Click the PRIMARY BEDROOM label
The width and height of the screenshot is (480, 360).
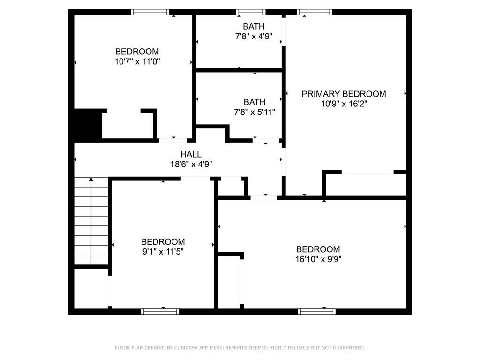[x=344, y=94]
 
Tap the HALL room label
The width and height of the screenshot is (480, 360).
[x=191, y=154]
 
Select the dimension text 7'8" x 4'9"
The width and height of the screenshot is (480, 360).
[x=254, y=36]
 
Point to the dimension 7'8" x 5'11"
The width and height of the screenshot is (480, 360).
[x=254, y=112]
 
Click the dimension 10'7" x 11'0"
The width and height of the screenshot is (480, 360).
[x=137, y=61]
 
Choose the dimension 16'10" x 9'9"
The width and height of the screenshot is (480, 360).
[x=318, y=259]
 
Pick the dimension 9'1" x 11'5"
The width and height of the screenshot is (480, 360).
[x=163, y=252]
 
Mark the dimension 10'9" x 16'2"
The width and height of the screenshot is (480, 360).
[x=344, y=104]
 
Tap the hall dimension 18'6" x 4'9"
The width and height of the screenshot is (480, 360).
[x=191, y=164]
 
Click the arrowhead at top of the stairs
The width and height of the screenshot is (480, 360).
[x=91, y=179]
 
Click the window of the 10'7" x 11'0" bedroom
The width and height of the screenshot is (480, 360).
[x=149, y=12]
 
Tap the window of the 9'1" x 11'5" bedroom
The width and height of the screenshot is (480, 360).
[x=160, y=311]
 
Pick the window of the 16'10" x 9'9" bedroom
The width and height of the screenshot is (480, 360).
[x=317, y=311]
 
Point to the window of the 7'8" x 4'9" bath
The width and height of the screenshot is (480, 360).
[x=251, y=12]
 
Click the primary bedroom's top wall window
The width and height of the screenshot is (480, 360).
[x=315, y=12]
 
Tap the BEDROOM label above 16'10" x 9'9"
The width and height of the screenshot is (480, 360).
[x=318, y=249]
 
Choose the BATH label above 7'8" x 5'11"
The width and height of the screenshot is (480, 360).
[x=254, y=102]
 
